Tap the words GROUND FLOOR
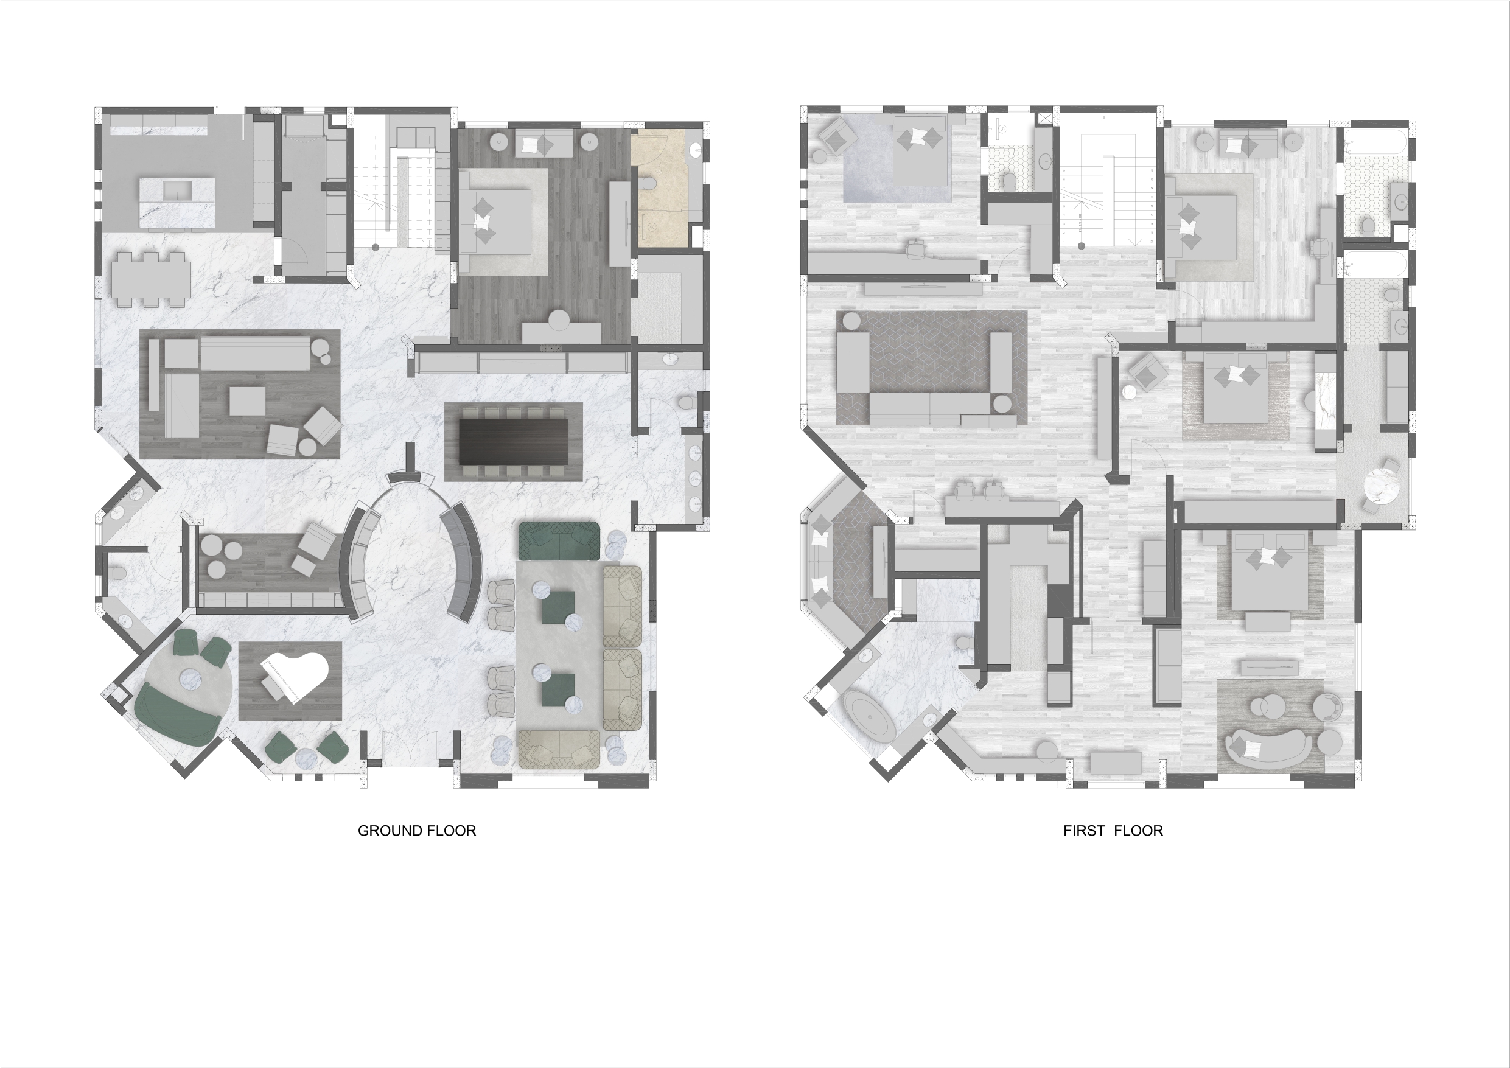[417, 831]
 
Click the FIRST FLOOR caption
[1113, 831]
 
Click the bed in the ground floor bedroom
[495, 221]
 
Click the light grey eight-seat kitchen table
[152, 279]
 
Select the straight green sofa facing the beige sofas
[559, 540]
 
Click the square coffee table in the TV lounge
[247, 400]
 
